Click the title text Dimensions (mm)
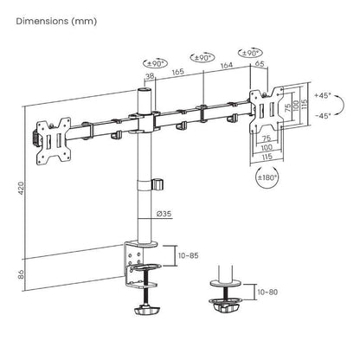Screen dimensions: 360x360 click(49, 20)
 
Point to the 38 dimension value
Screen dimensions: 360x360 click(151, 76)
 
